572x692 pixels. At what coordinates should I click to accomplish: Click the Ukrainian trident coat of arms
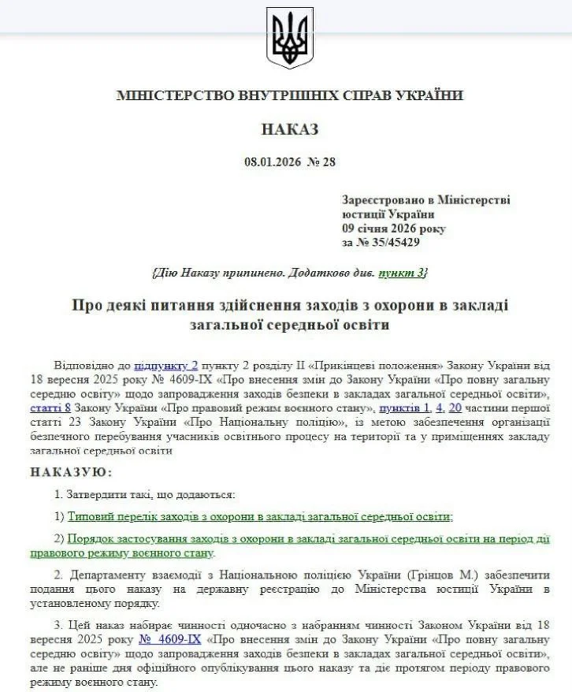coord(289,37)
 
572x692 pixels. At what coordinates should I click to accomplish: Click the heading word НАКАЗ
coord(289,129)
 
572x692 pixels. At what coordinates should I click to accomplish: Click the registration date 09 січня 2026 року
coord(393,229)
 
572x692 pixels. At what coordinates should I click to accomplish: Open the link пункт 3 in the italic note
coord(402,272)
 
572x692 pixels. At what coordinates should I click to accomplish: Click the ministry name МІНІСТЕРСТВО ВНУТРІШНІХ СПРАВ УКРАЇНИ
coord(289,95)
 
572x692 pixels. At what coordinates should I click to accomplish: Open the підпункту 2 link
coord(165,366)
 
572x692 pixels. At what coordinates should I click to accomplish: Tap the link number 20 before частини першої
coord(455,408)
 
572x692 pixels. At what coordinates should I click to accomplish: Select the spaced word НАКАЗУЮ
coord(72,471)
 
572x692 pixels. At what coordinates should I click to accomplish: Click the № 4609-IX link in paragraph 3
coord(169,640)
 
